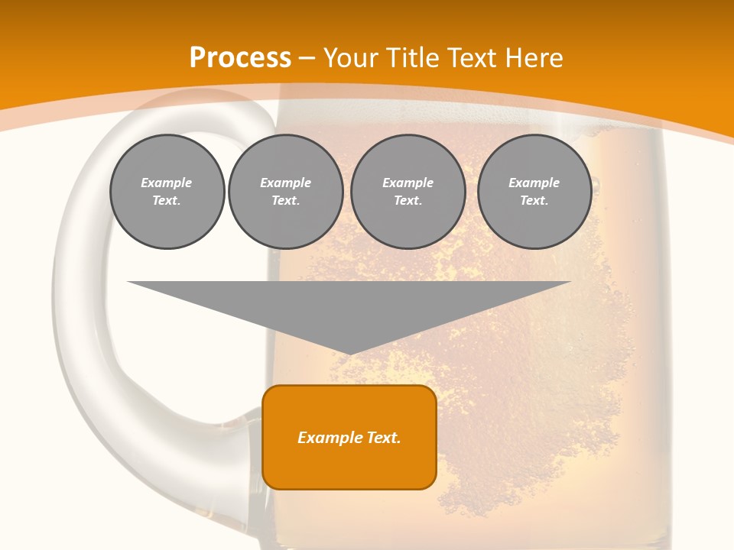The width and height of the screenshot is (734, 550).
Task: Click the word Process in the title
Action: point(240,58)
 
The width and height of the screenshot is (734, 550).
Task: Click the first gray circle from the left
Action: point(167,192)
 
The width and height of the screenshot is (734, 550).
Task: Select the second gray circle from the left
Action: point(285,192)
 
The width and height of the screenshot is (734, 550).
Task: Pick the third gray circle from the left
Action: point(408,192)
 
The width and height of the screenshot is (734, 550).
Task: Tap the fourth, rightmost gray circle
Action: point(534,192)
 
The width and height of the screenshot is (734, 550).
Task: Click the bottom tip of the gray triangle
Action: point(349,353)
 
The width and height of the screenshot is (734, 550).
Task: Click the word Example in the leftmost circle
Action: point(167,183)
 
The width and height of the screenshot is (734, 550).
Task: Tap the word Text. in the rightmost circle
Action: point(534,201)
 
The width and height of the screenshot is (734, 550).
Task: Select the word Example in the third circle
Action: point(408,183)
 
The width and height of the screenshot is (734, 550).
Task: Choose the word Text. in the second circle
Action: point(285,201)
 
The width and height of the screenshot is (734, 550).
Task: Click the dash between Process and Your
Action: point(307,59)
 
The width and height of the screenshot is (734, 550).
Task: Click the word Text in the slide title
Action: point(474,58)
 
